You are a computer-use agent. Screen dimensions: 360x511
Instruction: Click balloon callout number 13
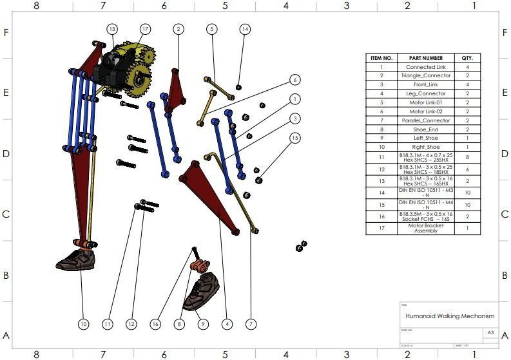[x=112, y=29]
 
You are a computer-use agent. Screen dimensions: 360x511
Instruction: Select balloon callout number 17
[x=145, y=29]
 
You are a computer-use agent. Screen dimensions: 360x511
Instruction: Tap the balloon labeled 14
[x=244, y=29]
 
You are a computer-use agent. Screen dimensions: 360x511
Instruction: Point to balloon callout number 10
[x=83, y=324]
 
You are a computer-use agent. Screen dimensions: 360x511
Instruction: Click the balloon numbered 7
[x=251, y=324]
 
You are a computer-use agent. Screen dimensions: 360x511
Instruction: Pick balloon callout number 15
[x=294, y=138]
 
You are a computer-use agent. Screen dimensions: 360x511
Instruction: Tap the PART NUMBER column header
[x=425, y=58]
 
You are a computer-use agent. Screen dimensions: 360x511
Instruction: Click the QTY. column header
[x=467, y=58]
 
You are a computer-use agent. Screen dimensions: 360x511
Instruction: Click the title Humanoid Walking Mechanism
[x=450, y=316]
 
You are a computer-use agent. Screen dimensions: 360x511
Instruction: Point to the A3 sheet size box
[x=490, y=333]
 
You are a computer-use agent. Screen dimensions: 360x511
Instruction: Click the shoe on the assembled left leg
[x=76, y=259]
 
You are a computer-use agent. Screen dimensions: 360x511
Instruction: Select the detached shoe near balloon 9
[x=202, y=291]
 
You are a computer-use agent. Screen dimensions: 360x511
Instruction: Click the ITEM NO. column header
[x=381, y=58]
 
